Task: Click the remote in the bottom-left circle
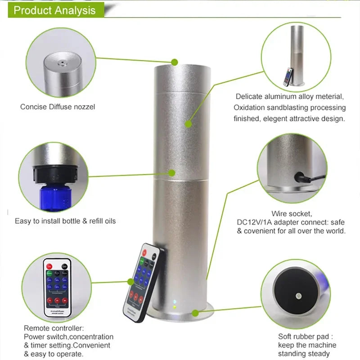(57, 286)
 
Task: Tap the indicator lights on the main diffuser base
(174, 305)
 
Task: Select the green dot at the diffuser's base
(195, 312)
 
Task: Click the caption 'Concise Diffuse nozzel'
(58, 107)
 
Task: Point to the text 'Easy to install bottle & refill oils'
(65, 221)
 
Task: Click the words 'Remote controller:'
(54, 328)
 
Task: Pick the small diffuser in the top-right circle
(297, 56)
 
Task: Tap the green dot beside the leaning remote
(130, 282)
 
